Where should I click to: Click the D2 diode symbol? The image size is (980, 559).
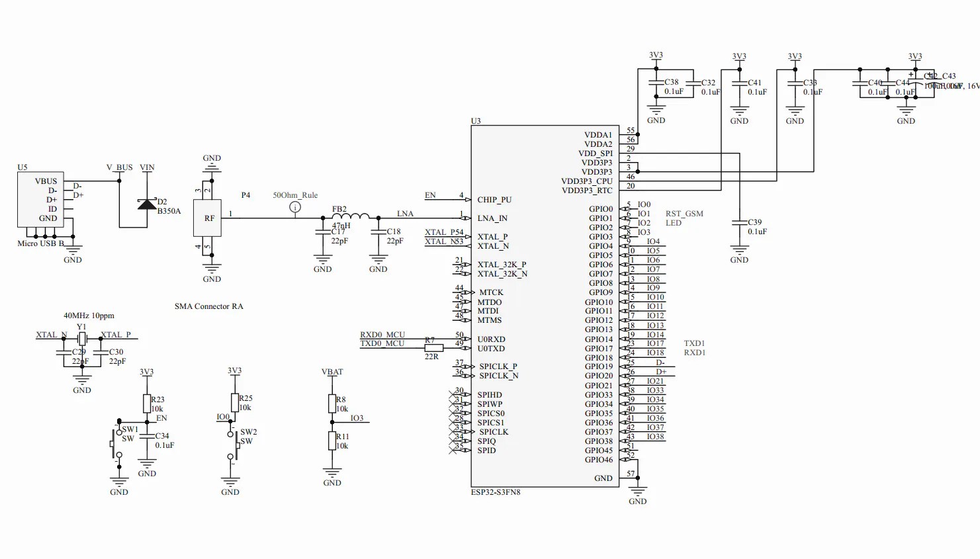(146, 204)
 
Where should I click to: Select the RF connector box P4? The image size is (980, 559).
(207, 218)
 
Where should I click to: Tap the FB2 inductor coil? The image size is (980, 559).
(350, 216)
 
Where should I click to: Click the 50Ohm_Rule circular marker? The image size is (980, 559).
(295, 207)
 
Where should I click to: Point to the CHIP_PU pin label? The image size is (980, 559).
(494, 200)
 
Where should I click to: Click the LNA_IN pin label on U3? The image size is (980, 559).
(492, 218)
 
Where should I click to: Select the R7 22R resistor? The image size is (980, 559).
(433, 348)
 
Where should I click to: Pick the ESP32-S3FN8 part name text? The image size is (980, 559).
(496, 492)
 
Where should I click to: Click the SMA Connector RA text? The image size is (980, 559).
(208, 306)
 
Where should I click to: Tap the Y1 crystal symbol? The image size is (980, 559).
(81, 339)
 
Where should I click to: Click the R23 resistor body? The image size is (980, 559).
(147, 404)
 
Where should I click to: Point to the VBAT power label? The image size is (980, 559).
(332, 372)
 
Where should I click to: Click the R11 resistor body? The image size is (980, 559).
(332, 441)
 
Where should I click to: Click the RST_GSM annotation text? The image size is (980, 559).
(684, 214)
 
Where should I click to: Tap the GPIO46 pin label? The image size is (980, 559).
(598, 460)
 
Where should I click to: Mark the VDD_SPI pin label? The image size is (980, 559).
(596, 153)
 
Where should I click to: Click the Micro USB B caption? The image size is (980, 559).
(41, 243)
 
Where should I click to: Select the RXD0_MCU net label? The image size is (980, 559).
(382, 335)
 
